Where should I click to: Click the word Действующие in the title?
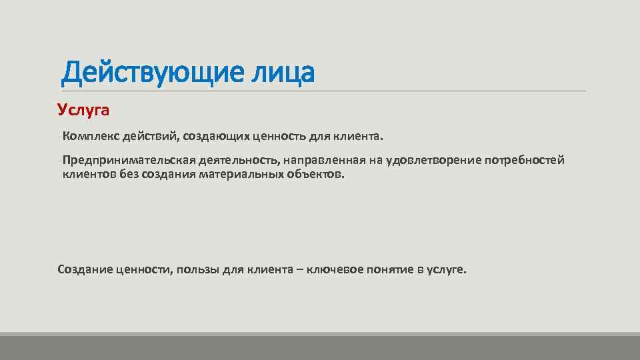[144, 73]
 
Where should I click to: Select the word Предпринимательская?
[128, 161]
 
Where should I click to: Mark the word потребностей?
[525, 161]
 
